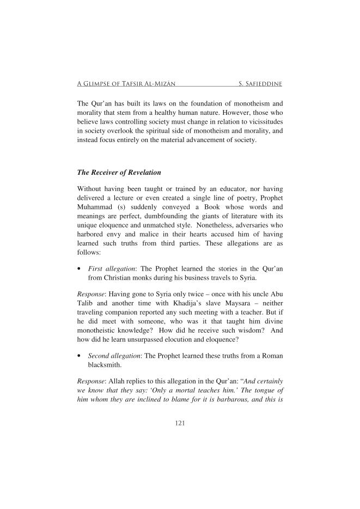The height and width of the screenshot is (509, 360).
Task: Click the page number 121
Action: click(180, 422)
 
